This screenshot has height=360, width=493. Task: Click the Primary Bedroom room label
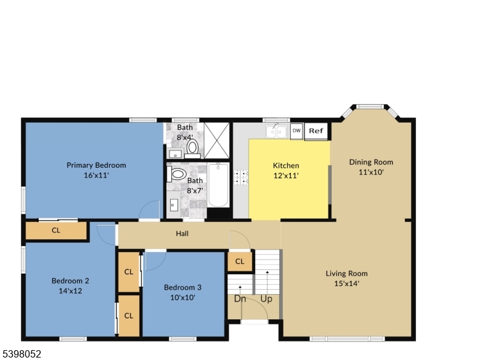pyautogui.click(x=96, y=165)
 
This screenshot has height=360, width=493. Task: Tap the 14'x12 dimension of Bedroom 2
pyautogui.click(x=70, y=290)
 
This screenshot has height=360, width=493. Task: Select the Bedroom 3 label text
pyautogui.click(x=182, y=287)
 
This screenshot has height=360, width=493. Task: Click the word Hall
pyautogui.click(x=182, y=234)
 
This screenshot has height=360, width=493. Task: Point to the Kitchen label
pyautogui.click(x=286, y=165)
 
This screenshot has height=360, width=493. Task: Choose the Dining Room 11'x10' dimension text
pyautogui.click(x=371, y=173)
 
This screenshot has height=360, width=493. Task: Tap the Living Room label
pyautogui.click(x=346, y=274)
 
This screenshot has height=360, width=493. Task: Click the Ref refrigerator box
pyautogui.click(x=316, y=131)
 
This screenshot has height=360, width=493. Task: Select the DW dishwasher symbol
pyautogui.click(x=296, y=131)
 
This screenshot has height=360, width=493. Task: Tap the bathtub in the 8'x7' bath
pyautogui.click(x=219, y=185)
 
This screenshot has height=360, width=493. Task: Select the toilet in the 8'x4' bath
pyautogui.click(x=192, y=147)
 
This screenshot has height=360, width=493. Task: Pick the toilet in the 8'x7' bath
pyautogui.click(x=177, y=174)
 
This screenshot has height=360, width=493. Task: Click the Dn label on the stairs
pyautogui.click(x=240, y=299)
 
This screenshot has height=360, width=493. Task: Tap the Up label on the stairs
pyautogui.click(x=266, y=299)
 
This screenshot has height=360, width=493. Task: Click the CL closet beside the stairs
pyautogui.click(x=240, y=261)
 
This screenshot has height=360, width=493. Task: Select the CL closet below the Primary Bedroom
pyautogui.click(x=56, y=231)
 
